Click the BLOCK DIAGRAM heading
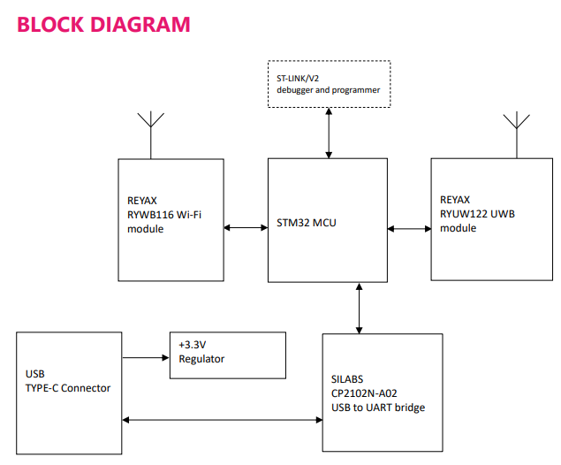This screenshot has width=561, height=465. pyautogui.click(x=103, y=25)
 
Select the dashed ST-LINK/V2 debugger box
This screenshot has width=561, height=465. pyautogui.click(x=329, y=85)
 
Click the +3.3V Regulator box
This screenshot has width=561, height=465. pyautogui.click(x=228, y=354)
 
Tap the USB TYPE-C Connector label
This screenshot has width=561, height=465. pyautogui.click(x=69, y=382)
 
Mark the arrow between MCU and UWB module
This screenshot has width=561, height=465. pyautogui.click(x=408, y=228)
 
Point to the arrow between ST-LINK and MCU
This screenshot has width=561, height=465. pyautogui.click(x=329, y=133)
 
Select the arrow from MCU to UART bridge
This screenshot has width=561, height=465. pyautogui.click(x=359, y=308)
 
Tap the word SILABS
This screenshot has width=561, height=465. pyautogui.click(x=348, y=378)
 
